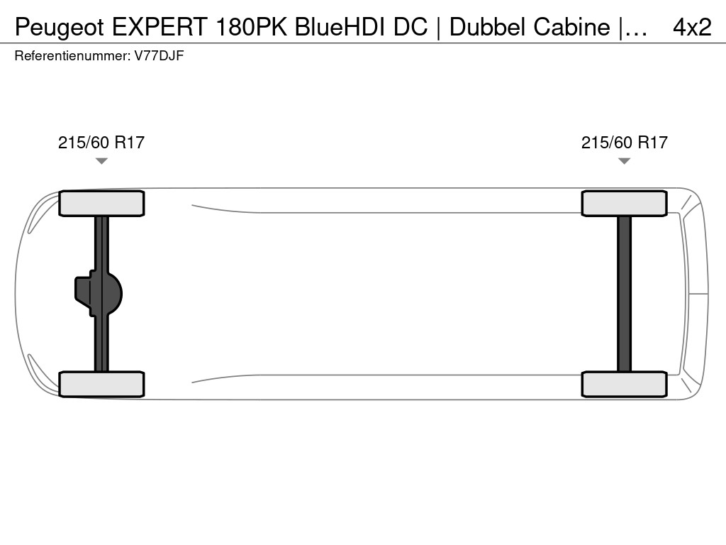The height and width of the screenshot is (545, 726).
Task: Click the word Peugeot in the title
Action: click(x=60, y=28)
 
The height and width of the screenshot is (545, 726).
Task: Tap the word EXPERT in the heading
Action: click(x=159, y=27)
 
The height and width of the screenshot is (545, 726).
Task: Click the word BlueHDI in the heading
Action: click(x=340, y=27)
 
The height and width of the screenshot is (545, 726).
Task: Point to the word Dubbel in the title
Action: click(x=488, y=27)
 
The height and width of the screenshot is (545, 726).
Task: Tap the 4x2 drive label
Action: click(x=692, y=28)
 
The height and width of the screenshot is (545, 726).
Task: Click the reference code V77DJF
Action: click(x=160, y=56)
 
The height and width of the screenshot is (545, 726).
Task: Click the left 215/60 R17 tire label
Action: click(x=101, y=142)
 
